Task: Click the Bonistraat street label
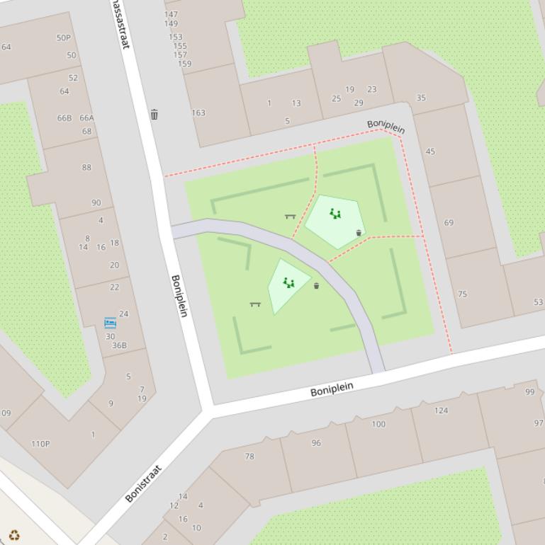143,483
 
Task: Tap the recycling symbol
14,535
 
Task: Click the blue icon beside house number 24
110,323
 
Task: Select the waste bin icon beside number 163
154,114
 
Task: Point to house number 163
198,113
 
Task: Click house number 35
421,98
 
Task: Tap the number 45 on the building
430,151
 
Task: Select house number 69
449,222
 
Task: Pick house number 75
463,294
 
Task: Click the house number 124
441,410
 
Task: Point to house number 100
378,424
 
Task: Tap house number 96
316,443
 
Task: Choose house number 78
249,457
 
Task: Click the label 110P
40,444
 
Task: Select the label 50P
64,38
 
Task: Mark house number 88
86,168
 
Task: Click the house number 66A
86,118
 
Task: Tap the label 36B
119,345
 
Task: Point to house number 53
539,302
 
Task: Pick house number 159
184,64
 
